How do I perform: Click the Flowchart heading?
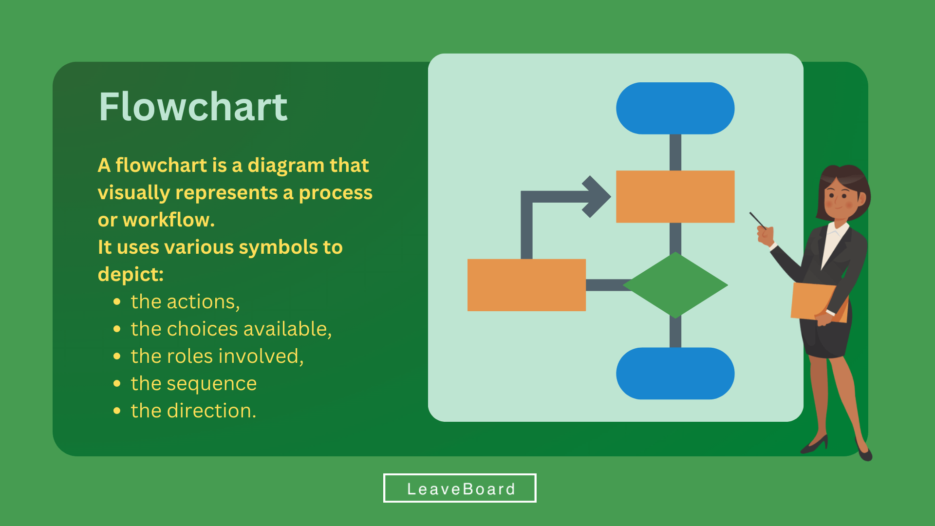tap(193, 107)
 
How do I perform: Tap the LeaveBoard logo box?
tap(460, 488)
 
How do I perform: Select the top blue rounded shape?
tap(675, 108)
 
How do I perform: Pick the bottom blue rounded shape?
tap(675, 374)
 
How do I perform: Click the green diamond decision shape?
tap(675, 285)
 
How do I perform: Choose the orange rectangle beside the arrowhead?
tap(675, 197)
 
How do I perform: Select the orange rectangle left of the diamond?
tap(526, 285)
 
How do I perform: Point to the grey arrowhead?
tap(596, 197)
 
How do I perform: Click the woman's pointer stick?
tap(758, 220)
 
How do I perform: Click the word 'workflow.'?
tap(168, 220)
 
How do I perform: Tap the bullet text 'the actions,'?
tap(185, 302)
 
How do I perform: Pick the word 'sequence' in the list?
tap(212, 384)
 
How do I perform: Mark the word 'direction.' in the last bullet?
tap(211, 411)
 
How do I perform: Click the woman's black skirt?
tap(826, 338)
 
